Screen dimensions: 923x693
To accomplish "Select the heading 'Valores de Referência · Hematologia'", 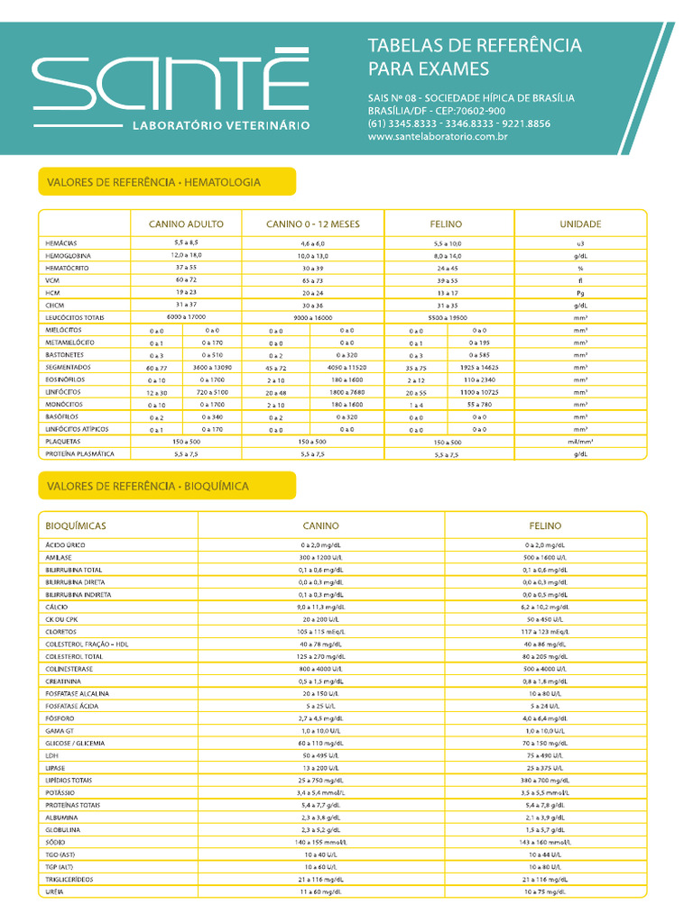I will point(153,182).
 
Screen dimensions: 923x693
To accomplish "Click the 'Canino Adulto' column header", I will point(186,224).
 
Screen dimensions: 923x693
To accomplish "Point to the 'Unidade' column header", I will point(580,224).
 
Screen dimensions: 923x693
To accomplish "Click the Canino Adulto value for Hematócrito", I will point(186,268).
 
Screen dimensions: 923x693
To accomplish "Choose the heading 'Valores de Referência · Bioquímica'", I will point(147,486).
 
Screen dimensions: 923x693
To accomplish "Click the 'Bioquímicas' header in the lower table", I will point(76,525).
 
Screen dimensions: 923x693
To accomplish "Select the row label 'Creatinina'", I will point(66,681).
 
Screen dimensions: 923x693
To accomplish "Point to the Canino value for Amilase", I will point(321,558).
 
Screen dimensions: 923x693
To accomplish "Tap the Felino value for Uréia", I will point(545,891).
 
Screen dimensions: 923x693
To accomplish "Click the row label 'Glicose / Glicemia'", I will point(75,743).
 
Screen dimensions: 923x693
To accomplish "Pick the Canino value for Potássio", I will point(321,792).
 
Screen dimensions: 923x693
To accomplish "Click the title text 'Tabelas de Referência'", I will point(475,46).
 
